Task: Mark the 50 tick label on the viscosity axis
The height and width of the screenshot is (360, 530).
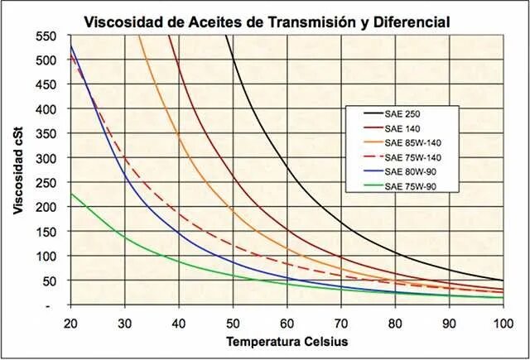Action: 51,281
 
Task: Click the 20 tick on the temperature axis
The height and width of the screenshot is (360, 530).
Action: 70,321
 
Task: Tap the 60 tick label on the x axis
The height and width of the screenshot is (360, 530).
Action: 287,321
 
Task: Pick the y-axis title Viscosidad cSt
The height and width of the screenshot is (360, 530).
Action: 18,170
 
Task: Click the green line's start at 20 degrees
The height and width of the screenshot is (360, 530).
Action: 71,194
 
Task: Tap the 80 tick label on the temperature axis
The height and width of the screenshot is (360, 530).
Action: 395,321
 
